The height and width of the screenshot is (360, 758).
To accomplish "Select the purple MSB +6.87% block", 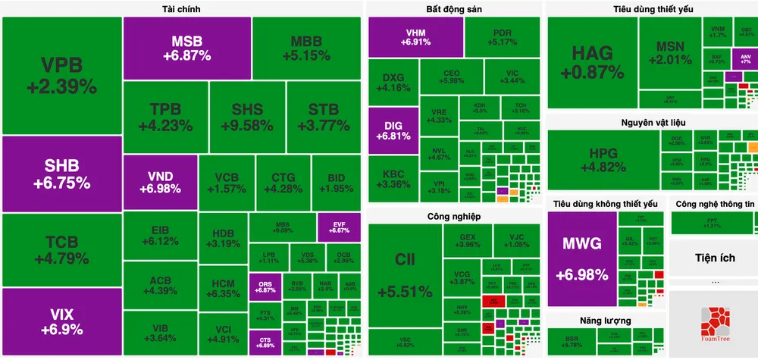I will (x=186, y=48).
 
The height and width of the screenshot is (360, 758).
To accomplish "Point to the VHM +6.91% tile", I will (x=415, y=37).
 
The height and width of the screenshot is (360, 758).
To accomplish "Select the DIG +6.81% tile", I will (x=393, y=130).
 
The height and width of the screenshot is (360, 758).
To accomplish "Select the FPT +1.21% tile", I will (x=712, y=224).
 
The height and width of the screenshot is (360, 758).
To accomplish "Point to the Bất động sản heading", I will (x=453, y=9).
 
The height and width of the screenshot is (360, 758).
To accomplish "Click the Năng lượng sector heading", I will (x=606, y=321).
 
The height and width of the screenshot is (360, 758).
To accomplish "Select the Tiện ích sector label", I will (x=715, y=258).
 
